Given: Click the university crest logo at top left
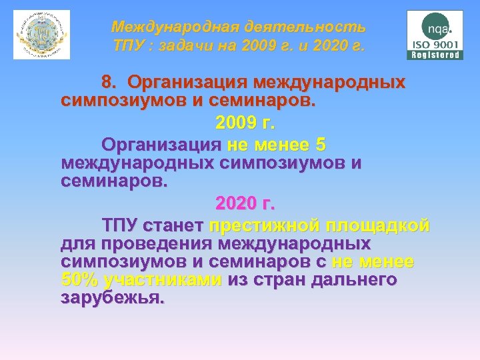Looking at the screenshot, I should point(41,35).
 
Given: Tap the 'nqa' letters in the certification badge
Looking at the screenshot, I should point(438,29).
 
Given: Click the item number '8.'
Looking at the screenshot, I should point(110,83).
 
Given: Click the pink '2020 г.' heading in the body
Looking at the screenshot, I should point(245,202).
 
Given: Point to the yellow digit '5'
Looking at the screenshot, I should point(321,145).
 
